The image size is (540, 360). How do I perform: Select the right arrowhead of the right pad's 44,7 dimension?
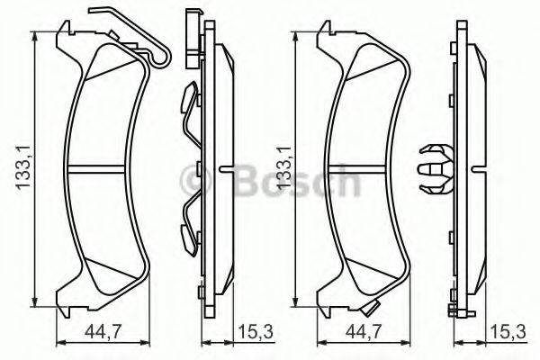pyautogui.click(x=406, y=343)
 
